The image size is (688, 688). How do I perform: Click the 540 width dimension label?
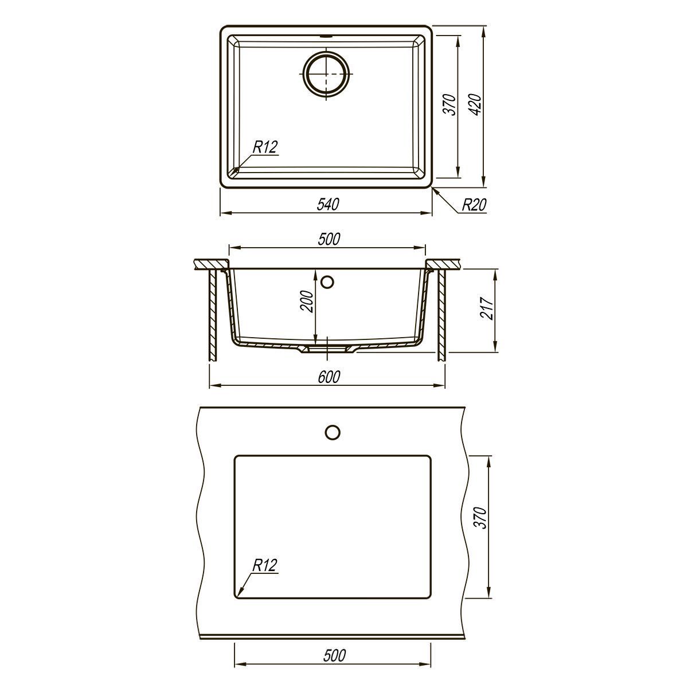(x=328, y=204)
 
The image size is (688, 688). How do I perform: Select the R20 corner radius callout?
(x=474, y=205)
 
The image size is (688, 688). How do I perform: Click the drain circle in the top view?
(x=326, y=74)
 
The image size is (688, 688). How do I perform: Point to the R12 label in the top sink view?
(x=265, y=147)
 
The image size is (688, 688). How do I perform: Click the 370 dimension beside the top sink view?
(x=450, y=104)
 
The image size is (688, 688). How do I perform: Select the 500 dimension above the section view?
(x=329, y=239)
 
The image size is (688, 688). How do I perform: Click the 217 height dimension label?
(x=487, y=308)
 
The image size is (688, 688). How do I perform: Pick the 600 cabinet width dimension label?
(x=329, y=377)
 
